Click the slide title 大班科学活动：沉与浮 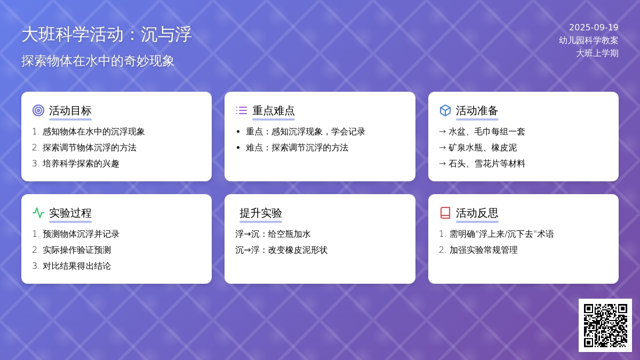click(106, 35)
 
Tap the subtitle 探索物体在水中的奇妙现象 click(98, 61)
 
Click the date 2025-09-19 click(594, 27)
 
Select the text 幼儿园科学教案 click(589, 41)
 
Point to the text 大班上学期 click(597, 53)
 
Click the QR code click(605, 325)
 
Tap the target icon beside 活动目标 click(38, 110)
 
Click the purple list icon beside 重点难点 click(242, 110)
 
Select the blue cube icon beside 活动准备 click(445, 110)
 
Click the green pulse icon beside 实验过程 click(38, 213)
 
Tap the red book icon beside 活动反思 click(445, 213)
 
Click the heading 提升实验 click(261, 213)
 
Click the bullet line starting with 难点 click(297, 148)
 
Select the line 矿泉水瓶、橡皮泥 click(483, 148)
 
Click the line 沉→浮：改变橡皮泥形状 click(281, 250)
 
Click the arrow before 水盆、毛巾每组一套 click(442, 132)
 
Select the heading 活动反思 click(477, 213)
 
